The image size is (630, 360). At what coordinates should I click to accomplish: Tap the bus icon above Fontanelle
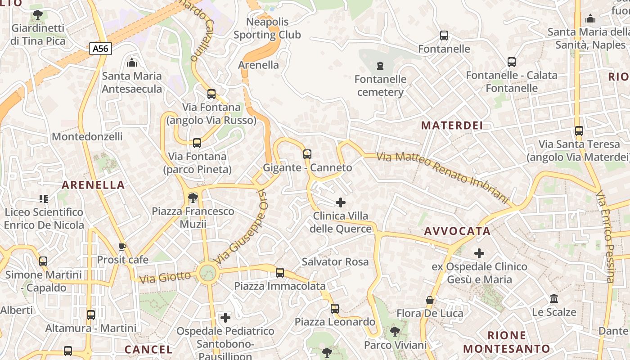(444, 36)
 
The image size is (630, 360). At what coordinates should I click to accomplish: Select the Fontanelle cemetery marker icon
(380, 66)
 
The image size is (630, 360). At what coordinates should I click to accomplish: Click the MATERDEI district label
(452, 126)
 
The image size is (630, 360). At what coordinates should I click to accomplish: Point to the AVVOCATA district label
(457, 231)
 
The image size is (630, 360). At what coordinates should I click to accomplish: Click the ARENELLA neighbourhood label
(93, 185)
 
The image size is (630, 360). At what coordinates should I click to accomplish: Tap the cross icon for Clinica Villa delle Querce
(341, 202)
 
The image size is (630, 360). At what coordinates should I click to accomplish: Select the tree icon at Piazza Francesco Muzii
(193, 198)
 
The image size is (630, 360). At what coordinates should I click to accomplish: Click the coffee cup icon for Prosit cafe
(122, 247)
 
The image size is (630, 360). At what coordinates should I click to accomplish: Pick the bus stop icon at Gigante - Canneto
(307, 154)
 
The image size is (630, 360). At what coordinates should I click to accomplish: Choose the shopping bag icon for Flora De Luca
(430, 300)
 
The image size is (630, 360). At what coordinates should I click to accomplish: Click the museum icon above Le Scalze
(554, 299)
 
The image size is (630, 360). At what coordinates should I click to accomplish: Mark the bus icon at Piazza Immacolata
(280, 272)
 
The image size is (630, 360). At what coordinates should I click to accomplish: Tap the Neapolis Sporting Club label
(267, 28)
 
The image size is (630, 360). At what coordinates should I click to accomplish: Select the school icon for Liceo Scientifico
(44, 198)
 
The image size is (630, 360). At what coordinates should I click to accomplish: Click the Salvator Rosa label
(335, 262)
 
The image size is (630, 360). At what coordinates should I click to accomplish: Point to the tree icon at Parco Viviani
(395, 332)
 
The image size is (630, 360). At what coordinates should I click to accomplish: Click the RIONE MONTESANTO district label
(507, 342)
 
